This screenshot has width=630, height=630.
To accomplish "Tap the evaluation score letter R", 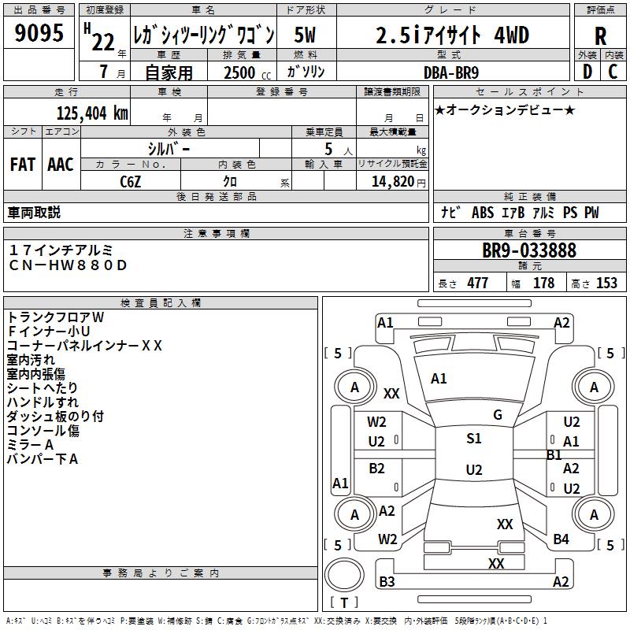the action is [600, 35].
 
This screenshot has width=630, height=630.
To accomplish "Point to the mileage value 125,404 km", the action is [93, 113].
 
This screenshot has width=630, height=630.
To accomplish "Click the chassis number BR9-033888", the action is [529, 250].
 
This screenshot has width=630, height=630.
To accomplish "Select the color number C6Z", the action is [131, 180].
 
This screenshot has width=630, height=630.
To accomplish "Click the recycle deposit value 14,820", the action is [392, 181].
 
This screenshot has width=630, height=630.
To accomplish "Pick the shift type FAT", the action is [22, 165].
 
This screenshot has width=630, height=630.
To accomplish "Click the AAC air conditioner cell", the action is [60, 165].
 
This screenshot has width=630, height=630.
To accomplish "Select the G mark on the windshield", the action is [497, 414].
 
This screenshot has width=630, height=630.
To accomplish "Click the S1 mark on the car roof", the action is [473, 439].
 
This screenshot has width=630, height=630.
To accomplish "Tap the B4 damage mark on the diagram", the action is [561, 539].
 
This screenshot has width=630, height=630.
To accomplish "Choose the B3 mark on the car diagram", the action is [387, 582].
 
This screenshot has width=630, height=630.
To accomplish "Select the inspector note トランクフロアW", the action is [55, 317].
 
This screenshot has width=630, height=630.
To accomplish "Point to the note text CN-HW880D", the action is [68, 265].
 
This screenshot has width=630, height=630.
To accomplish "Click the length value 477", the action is [477, 283].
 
